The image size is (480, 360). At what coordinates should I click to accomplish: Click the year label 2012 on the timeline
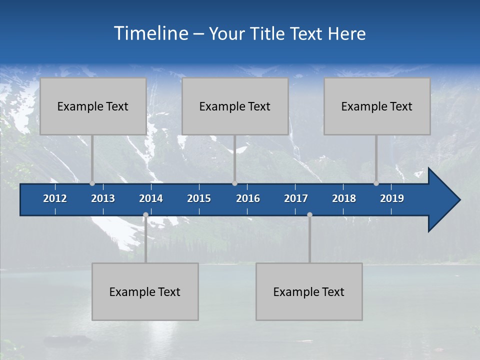55,198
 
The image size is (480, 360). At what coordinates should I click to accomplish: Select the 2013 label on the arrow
103,198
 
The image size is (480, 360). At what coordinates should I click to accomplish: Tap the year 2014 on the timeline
151,198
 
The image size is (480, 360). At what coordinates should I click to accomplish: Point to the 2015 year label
199,198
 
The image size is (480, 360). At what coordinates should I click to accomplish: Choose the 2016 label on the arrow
248,198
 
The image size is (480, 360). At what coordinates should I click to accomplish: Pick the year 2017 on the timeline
296,198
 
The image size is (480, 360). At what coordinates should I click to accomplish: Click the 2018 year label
344,198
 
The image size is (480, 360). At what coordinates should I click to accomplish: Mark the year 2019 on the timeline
392,198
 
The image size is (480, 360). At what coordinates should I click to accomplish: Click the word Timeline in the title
150,33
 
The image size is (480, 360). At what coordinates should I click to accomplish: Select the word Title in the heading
268,34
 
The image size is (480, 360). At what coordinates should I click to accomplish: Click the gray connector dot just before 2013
92,183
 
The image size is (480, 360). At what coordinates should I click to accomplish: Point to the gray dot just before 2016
234,183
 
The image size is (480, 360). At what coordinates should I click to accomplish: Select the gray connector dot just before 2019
376,183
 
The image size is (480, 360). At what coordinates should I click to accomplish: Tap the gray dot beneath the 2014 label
145,215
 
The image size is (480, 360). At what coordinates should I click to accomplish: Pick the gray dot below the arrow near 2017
309,215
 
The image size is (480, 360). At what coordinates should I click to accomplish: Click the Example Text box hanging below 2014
145,292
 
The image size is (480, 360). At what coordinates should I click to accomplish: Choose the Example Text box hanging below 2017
309,292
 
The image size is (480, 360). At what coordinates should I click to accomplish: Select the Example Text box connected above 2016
234,106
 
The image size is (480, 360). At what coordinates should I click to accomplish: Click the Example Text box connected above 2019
377,106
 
